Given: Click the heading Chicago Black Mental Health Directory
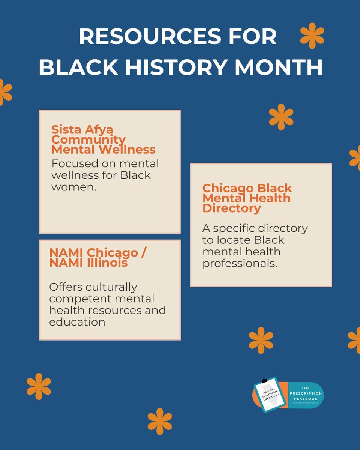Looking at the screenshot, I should [247, 198].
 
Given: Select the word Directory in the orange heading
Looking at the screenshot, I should [231, 208].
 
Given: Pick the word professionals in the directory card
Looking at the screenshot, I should [240, 263].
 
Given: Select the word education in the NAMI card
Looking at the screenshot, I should [77, 322].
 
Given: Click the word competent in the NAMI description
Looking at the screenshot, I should [80, 299].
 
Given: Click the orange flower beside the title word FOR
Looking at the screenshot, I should [312, 36].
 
